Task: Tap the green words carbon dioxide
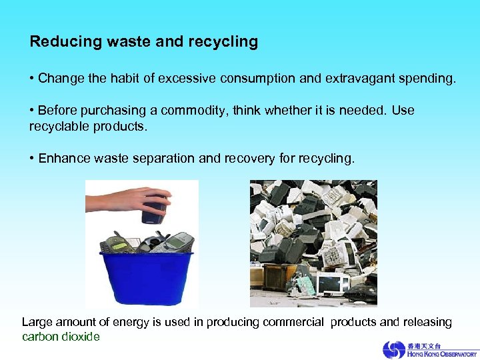[61, 337]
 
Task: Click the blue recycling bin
[146, 277]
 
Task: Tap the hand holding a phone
[127, 200]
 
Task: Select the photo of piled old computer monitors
[313, 243]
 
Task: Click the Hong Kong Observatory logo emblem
[394, 350]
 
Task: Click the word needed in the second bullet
[367, 110]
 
